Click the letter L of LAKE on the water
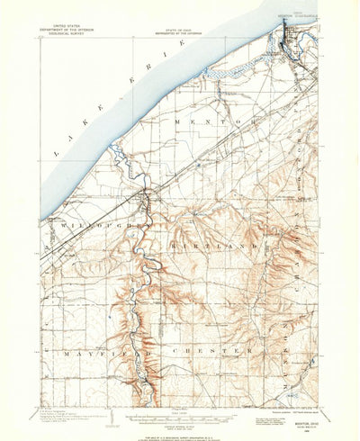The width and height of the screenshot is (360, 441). (x=56, y=152)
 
